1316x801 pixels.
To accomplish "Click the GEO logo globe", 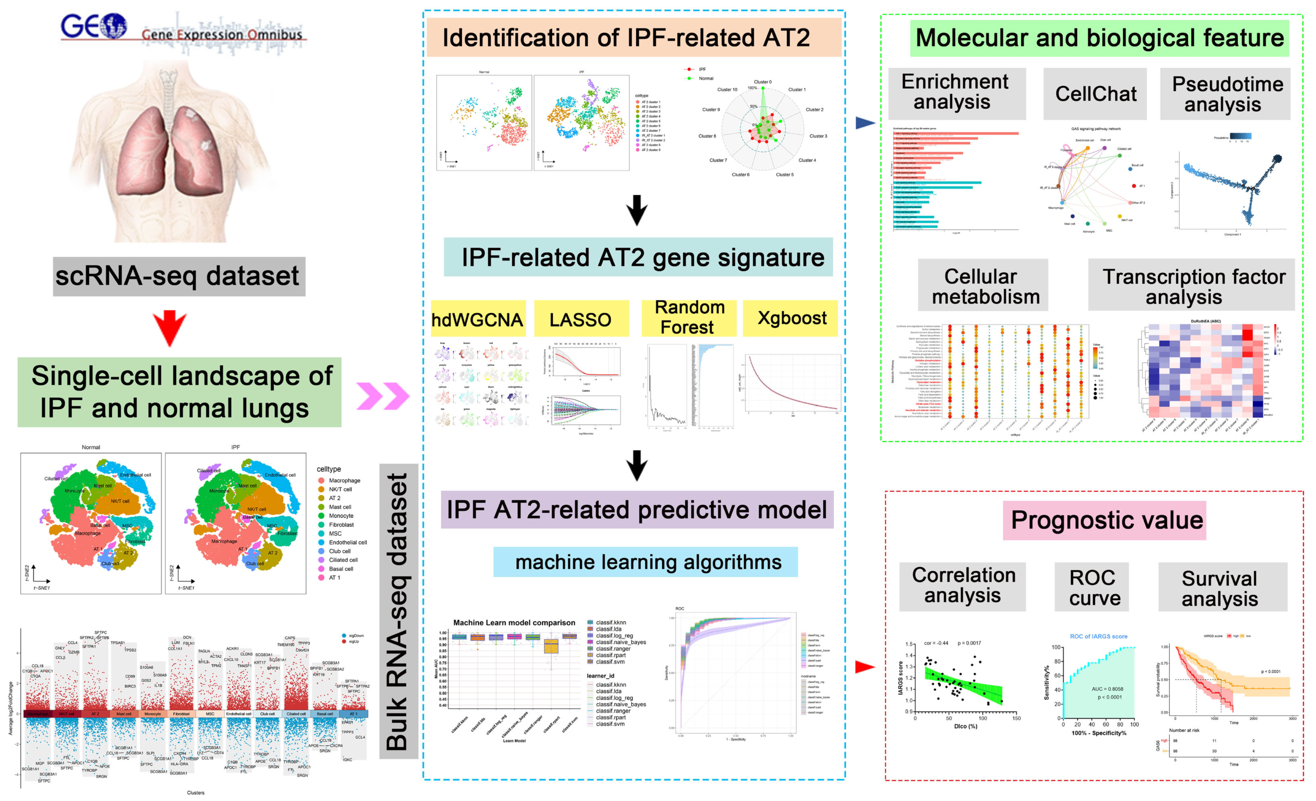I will point(113,26).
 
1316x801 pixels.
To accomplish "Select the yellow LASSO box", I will point(581,319).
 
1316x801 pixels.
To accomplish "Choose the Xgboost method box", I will point(791,318).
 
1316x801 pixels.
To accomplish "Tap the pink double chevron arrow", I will point(382,396).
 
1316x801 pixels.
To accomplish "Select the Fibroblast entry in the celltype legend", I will point(341,525).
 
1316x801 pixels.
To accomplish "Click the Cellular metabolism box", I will point(983,286).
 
